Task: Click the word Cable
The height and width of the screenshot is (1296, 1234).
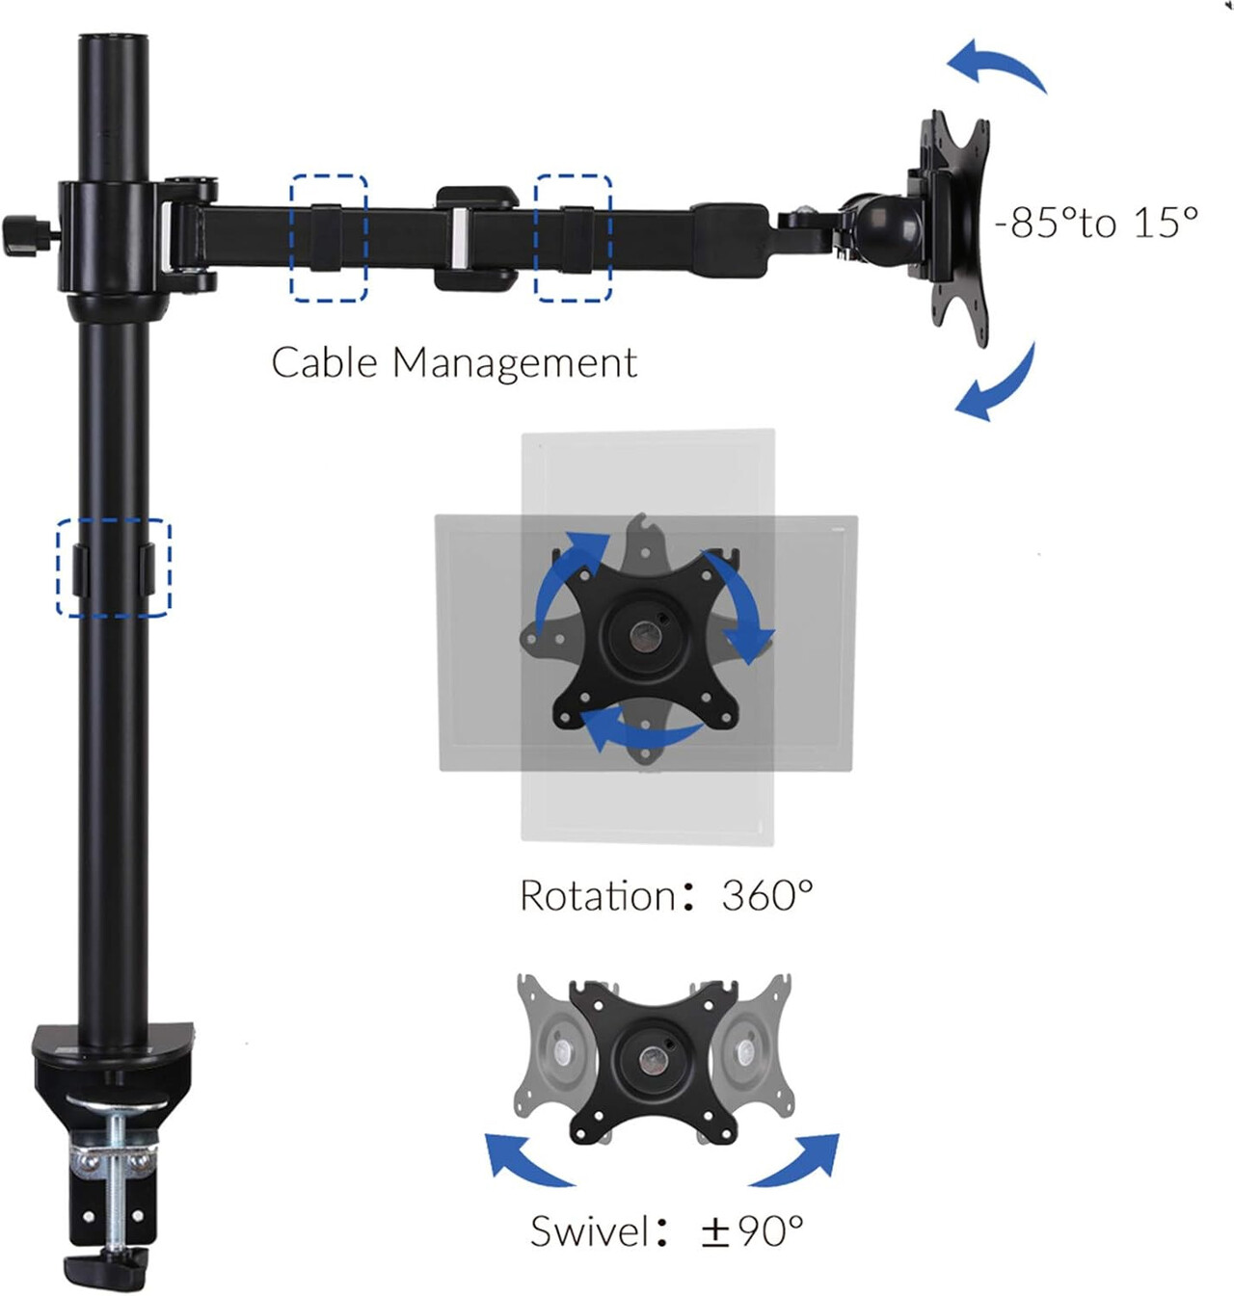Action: pyautogui.click(x=324, y=362)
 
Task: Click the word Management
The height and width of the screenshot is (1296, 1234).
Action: pyautogui.click(x=515, y=363)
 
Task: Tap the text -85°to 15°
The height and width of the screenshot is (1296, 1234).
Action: pyautogui.click(x=1096, y=223)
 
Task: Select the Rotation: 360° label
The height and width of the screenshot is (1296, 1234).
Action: pyautogui.click(x=666, y=895)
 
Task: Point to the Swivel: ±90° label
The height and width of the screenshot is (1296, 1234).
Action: pyautogui.click(x=667, y=1230)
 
